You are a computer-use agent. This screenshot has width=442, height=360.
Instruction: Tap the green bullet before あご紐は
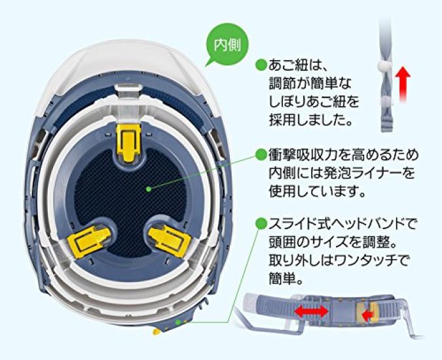pos(261,64)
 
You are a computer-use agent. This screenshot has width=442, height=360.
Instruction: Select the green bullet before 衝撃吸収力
pos(261,155)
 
